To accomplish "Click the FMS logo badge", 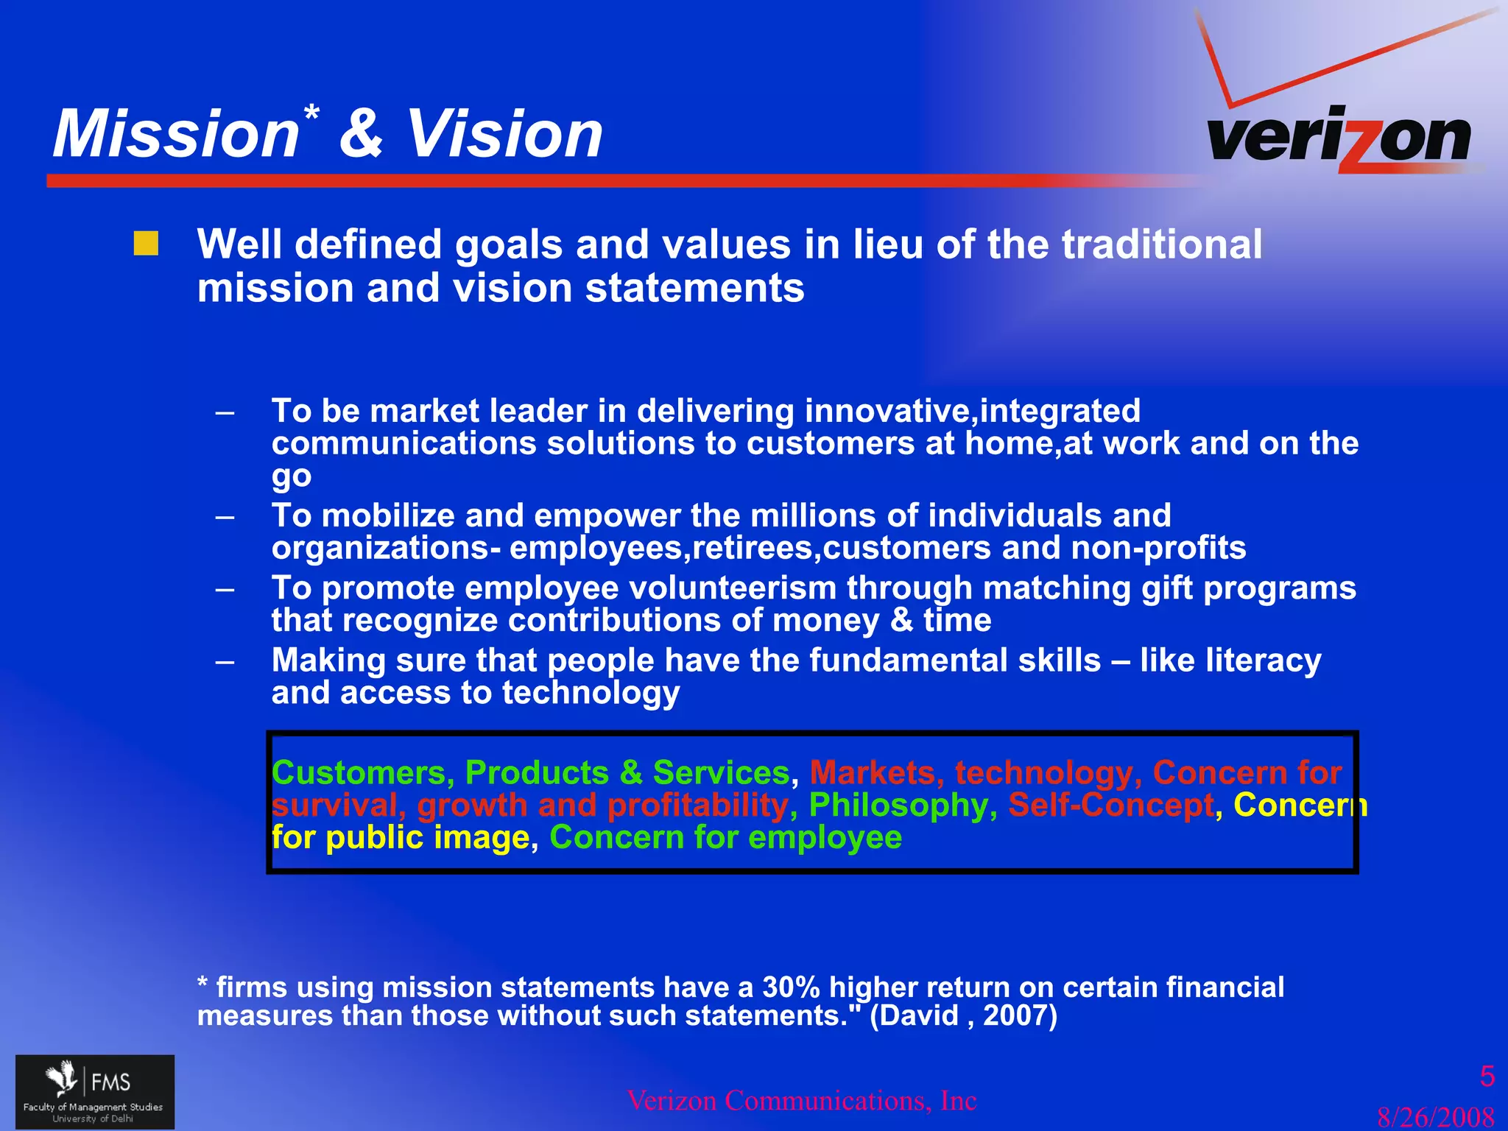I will click(95, 1091).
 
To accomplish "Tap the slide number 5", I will click(1487, 1077).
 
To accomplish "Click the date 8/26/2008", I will click(1435, 1116).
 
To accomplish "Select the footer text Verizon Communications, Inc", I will click(801, 1100).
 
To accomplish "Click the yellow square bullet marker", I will click(146, 244).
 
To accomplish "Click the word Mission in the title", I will click(175, 134).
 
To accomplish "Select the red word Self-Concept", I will click(1110, 805).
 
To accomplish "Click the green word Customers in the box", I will click(358, 772).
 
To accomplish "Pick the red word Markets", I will click(872, 772).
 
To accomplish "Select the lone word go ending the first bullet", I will click(291, 476).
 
